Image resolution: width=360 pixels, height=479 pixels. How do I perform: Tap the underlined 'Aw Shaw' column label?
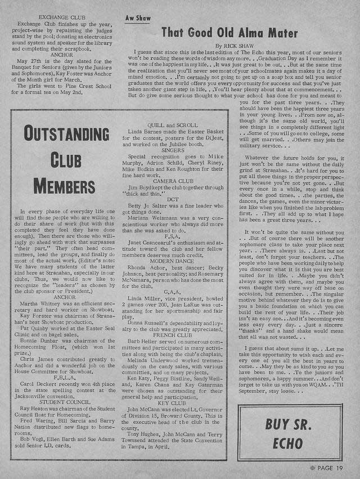pos(138,18)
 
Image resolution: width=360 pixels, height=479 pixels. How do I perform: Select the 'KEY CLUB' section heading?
pos(172,403)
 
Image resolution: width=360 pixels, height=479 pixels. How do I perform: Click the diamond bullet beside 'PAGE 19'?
pos(313,467)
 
